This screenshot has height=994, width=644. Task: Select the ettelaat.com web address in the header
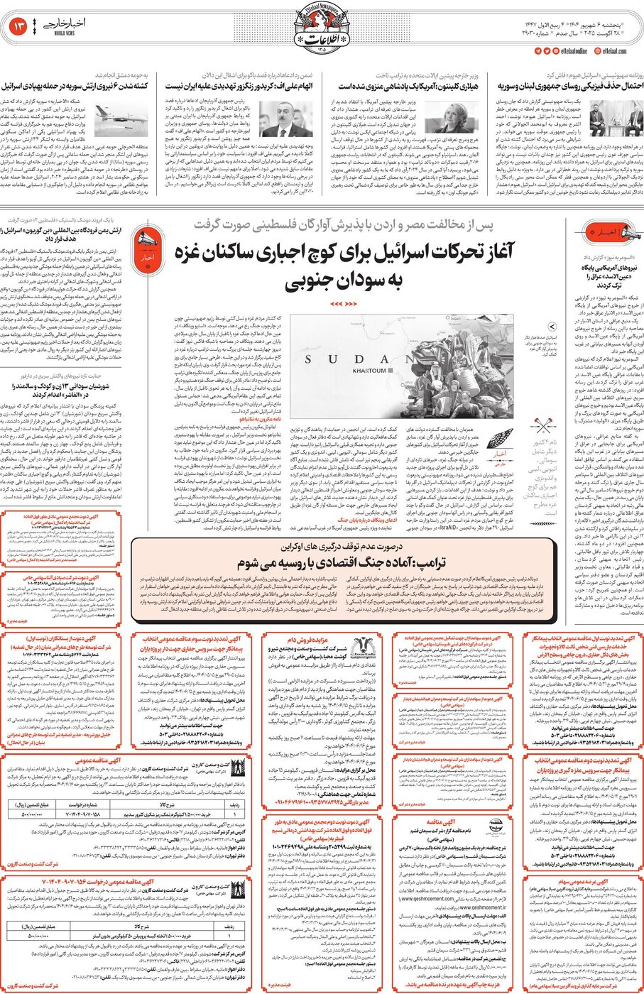[x=611, y=51]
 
